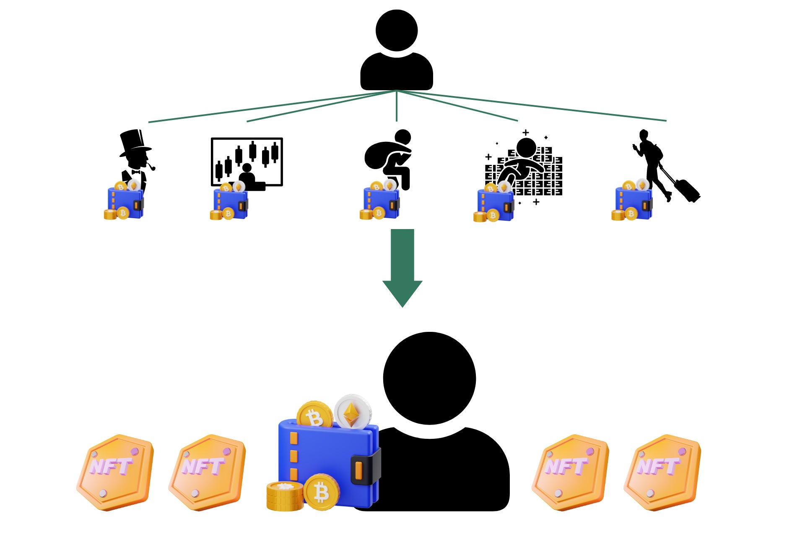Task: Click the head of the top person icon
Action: (x=396, y=31)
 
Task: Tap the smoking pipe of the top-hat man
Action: (x=151, y=167)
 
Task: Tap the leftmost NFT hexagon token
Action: (x=115, y=472)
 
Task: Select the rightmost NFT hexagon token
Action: (x=662, y=472)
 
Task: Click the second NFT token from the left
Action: (x=207, y=472)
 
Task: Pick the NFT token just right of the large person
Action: (x=570, y=472)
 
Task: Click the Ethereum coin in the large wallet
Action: (x=353, y=411)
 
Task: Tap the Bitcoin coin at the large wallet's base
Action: (x=321, y=492)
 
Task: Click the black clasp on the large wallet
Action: (x=365, y=469)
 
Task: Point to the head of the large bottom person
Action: (x=429, y=378)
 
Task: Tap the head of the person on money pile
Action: (x=526, y=148)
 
